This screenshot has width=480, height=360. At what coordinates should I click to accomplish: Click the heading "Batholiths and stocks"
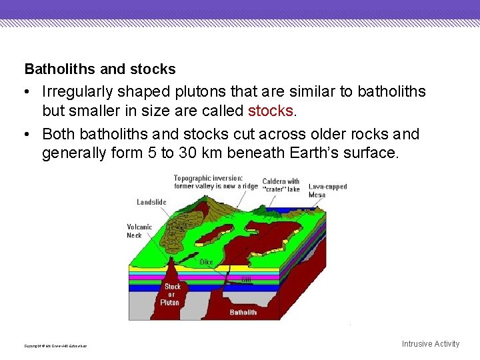[100, 69]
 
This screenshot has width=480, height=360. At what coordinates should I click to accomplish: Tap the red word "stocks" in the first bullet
[269, 110]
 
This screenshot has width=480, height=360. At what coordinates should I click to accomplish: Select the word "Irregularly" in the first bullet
[77, 91]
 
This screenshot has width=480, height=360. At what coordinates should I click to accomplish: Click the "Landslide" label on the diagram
[151, 202]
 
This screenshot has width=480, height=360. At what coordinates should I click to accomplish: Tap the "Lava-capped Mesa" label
[327, 191]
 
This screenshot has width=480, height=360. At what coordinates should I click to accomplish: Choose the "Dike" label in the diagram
[207, 262]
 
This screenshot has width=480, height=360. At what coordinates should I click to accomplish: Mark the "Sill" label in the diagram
[245, 279]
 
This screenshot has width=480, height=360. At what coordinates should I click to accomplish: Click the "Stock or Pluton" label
[172, 294]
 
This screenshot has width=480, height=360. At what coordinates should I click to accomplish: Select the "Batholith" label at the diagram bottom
[243, 312]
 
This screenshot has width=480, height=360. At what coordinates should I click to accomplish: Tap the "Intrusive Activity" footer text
[430, 344]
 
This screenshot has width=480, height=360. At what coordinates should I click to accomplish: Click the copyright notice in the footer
[55, 345]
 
